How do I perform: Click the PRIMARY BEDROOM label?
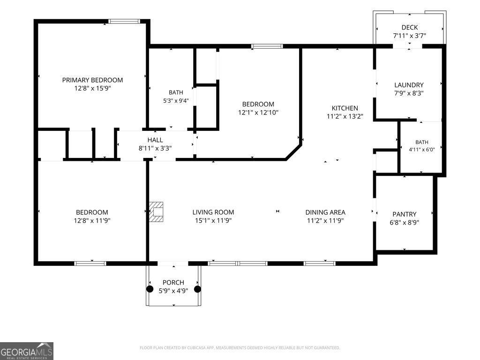[x=92, y=80]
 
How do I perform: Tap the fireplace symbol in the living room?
[x=156, y=212]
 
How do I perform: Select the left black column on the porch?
[x=150, y=289]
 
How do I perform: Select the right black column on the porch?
[x=198, y=289]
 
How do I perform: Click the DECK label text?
[x=410, y=28]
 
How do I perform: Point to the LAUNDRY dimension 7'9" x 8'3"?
[x=409, y=93]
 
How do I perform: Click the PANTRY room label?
[x=405, y=214]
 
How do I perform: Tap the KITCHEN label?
[x=345, y=108]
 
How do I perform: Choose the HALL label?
[x=155, y=140]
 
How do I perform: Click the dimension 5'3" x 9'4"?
[x=176, y=100]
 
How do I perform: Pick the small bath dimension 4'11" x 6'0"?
[x=422, y=150]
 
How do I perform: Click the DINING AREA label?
[x=325, y=212]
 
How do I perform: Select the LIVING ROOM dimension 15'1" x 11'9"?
[x=213, y=220]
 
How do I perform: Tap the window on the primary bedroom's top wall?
[x=124, y=22]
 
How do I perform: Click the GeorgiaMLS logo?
[x=27, y=351]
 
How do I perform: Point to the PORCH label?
[x=173, y=283]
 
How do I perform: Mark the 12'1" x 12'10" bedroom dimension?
[x=258, y=112]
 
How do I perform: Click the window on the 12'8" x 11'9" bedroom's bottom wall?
[x=90, y=263]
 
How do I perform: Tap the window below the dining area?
[x=320, y=263]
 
